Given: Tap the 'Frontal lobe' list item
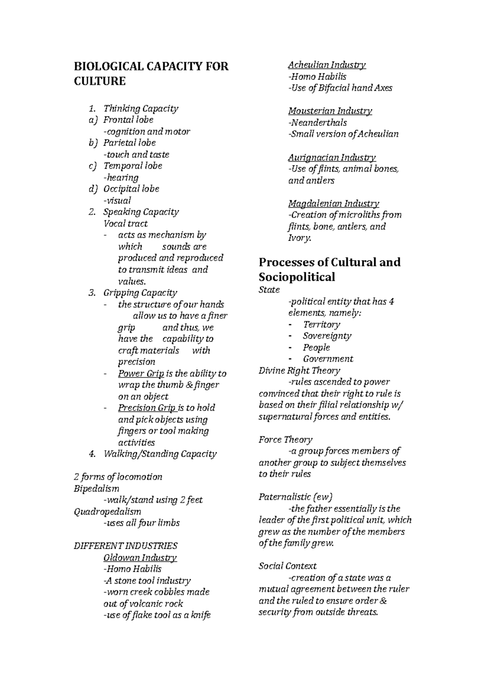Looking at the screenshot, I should [x=128, y=120].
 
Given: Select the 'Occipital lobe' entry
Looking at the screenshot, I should [x=131, y=189].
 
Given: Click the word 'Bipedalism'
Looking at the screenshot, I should [x=96, y=488].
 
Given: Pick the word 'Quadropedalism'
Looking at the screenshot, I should [x=107, y=512].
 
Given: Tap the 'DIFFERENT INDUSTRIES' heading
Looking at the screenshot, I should [x=125, y=546].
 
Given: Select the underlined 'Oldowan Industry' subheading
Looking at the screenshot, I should [x=140, y=558].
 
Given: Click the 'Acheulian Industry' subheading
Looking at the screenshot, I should [x=327, y=65].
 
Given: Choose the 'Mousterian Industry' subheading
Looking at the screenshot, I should [x=330, y=111].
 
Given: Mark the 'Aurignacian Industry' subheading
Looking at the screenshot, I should [x=332, y=157].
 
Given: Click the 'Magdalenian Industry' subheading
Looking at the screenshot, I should [x=333, y=204].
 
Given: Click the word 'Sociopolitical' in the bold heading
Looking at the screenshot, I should [x=297, y=278].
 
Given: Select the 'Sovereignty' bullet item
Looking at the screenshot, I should [x=327, y=336].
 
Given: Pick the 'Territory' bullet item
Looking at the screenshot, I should [x=321, y=325].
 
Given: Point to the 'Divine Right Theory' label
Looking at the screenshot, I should [x=299, y=371].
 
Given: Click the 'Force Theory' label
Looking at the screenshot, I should [x=285, y=440].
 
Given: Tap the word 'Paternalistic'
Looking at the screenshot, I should [x=285, y=497].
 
